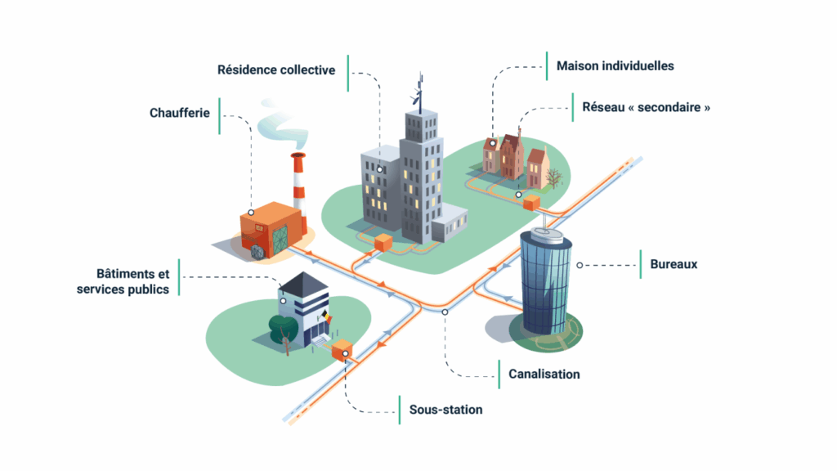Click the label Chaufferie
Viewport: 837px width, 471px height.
(180, 112)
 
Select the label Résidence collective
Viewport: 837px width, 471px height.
(276, 70)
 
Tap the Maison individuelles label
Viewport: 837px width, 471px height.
(615, 65)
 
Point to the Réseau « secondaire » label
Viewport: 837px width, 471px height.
(641, 107)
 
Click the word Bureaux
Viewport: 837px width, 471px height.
(674, 265)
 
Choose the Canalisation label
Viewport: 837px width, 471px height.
(544, 375)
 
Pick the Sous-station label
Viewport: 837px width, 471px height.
(445, 410)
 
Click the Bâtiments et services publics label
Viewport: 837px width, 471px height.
(123, 282)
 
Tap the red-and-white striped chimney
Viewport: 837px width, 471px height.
(298, 182)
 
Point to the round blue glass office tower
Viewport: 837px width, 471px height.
(545, 282)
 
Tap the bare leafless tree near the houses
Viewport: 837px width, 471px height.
(555, 177)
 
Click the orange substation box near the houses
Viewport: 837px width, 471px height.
(532, 202)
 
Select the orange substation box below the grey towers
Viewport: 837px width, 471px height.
(383, 243)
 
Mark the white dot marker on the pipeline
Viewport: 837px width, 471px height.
(445, 312)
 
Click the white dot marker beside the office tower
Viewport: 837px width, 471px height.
(580, 265)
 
